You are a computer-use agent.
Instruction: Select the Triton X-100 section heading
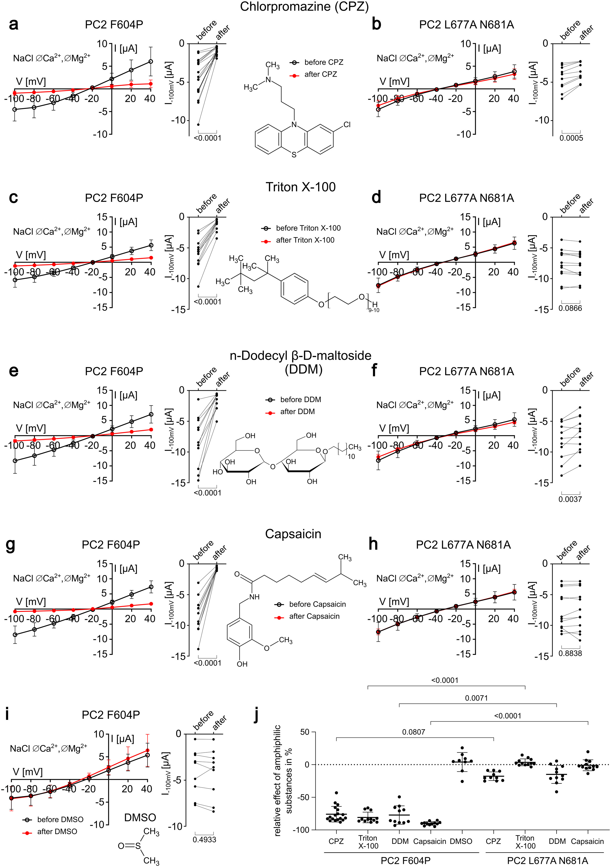click(x=300, y=187)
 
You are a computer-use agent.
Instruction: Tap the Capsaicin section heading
click(x=293, y=534)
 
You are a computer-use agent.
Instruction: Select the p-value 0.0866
click(x=570, y=308)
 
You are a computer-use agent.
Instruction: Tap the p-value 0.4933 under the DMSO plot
click(x=204, y=839)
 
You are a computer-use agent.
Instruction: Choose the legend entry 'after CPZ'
click(x=321, y=74)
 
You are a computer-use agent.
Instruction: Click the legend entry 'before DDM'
click(x=300, y=400)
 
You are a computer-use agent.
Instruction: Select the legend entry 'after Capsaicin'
click(x=314, y=616)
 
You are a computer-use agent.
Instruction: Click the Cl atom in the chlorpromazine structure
click(x=347, y=125)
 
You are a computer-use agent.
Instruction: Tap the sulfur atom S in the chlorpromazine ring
click(x=294, y=155)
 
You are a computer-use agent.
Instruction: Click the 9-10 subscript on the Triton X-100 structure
click(x=374, y=310)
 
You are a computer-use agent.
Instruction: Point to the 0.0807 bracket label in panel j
click(x=414, y=732)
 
